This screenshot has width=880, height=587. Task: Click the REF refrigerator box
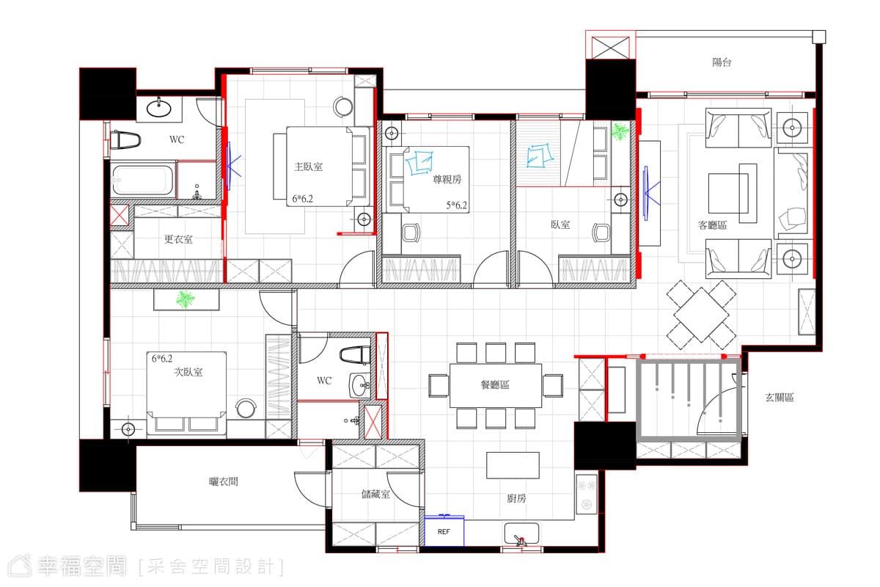click(444, 531)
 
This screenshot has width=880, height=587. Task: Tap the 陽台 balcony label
click(722, 62)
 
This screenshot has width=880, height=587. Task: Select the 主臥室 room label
click(309, 167)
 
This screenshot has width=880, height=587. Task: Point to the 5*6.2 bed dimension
click(456, 205)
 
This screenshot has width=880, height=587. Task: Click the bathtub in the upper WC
click(142, 181)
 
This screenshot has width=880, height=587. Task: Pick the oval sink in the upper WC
click(158, 108)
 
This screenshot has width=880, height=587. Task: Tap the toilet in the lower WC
click(355, 355)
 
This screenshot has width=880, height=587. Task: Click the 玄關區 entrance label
click(780, 398)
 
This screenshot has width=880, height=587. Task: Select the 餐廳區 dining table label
click(495, 384)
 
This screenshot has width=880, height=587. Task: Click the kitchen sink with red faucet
click(521, 533)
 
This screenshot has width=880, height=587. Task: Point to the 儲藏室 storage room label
click(375, 494)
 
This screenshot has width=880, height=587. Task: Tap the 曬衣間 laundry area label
click(223, 481)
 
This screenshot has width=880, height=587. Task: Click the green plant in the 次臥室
click(185, 299)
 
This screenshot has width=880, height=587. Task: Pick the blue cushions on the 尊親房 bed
click(419, 162)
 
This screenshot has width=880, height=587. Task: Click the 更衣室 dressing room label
click(178, 239)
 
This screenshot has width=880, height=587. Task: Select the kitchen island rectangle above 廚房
click(513, 465)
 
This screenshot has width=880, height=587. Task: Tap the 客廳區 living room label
click(712, 225)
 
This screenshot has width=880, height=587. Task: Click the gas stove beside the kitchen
click(587, 495)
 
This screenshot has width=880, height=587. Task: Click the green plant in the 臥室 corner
click(620, 132)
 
